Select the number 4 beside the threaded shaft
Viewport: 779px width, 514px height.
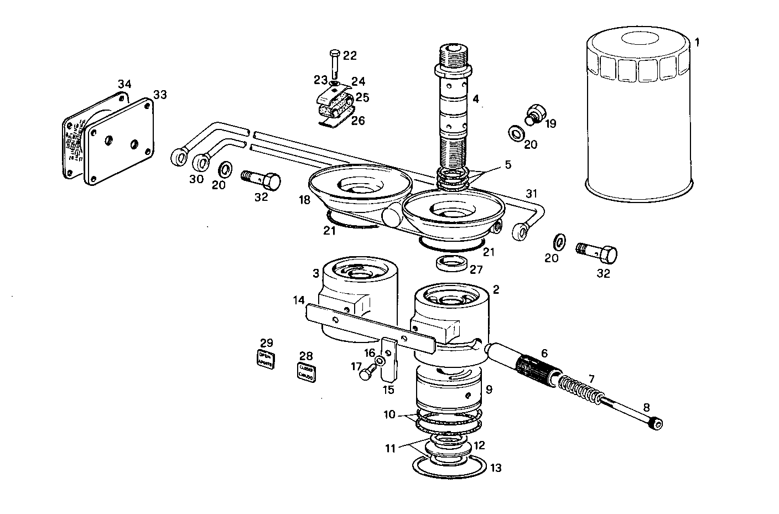tap(475, 100)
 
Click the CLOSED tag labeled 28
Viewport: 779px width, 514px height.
tap(306, 371)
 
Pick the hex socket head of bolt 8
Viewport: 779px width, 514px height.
tap(657, 423)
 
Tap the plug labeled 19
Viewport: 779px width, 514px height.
tap(536, 112)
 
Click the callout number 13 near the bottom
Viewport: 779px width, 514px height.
tap(496, 468)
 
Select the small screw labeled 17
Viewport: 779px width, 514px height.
tap(366, 374)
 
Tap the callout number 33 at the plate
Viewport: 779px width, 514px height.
tap(160, 95)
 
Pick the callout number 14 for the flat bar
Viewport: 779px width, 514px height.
tap(299, 300)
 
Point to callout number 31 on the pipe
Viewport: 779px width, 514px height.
tap(531, 193)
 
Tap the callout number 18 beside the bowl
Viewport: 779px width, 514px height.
tap(305, 200)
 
